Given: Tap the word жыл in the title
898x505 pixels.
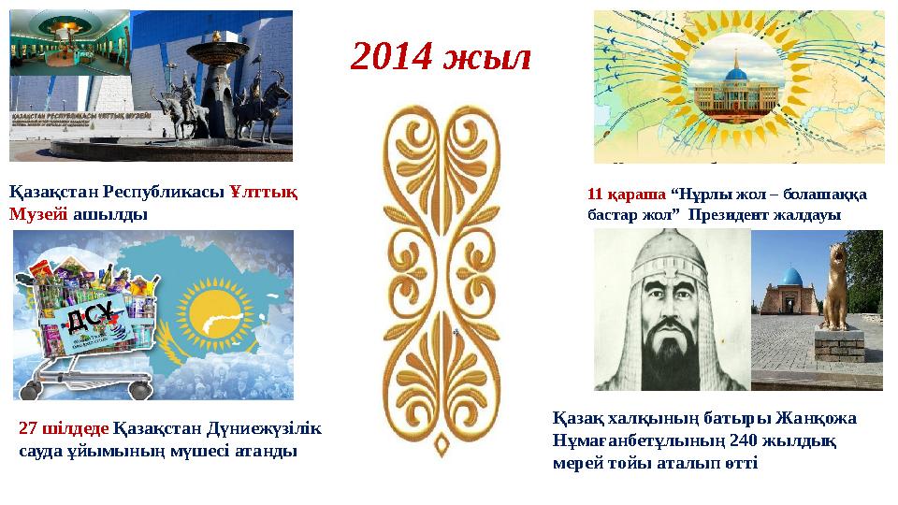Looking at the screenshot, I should point(488,58).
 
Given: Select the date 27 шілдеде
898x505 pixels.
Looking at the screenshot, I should point(64,429).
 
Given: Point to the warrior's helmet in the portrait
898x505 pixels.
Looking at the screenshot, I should point(672,266).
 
